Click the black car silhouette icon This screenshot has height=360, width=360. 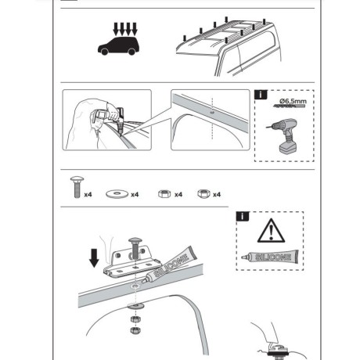118,46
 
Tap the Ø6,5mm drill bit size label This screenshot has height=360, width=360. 293,101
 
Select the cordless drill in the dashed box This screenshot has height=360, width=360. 284,136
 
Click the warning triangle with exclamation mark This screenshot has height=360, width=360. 271,231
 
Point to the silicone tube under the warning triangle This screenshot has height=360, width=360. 270,257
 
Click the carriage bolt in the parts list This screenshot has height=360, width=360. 77,187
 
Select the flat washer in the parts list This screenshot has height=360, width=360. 117,194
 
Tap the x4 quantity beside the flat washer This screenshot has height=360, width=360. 135,195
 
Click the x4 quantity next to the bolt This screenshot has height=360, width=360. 88,195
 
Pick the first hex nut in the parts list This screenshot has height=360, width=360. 164,194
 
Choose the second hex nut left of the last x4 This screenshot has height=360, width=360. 203,194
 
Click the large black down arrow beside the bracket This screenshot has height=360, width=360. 94,258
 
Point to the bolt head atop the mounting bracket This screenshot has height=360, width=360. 135,240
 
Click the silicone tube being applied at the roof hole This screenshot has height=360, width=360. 169,265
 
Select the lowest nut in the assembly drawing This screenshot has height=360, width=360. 135,330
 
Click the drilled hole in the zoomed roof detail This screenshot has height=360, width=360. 212,113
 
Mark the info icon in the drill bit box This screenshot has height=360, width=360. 261,95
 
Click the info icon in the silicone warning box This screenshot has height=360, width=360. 243,216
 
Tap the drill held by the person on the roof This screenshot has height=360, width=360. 121,121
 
